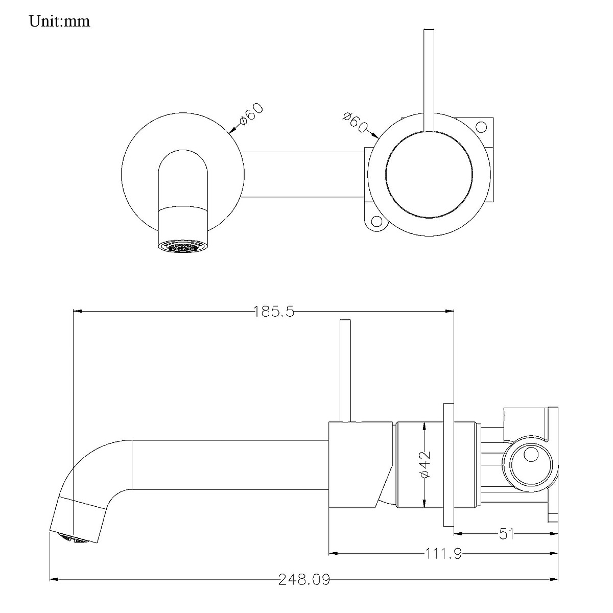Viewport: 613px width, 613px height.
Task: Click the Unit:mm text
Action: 59,21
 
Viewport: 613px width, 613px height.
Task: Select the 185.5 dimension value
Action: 274,311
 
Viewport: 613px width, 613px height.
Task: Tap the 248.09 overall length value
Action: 304,579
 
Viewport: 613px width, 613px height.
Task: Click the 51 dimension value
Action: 506,534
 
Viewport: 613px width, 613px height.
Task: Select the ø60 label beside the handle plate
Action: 355,121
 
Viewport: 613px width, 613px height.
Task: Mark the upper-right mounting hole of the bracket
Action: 481,126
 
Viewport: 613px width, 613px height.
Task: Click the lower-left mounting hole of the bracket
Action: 377,221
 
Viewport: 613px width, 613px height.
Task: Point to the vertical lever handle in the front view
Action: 428,77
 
